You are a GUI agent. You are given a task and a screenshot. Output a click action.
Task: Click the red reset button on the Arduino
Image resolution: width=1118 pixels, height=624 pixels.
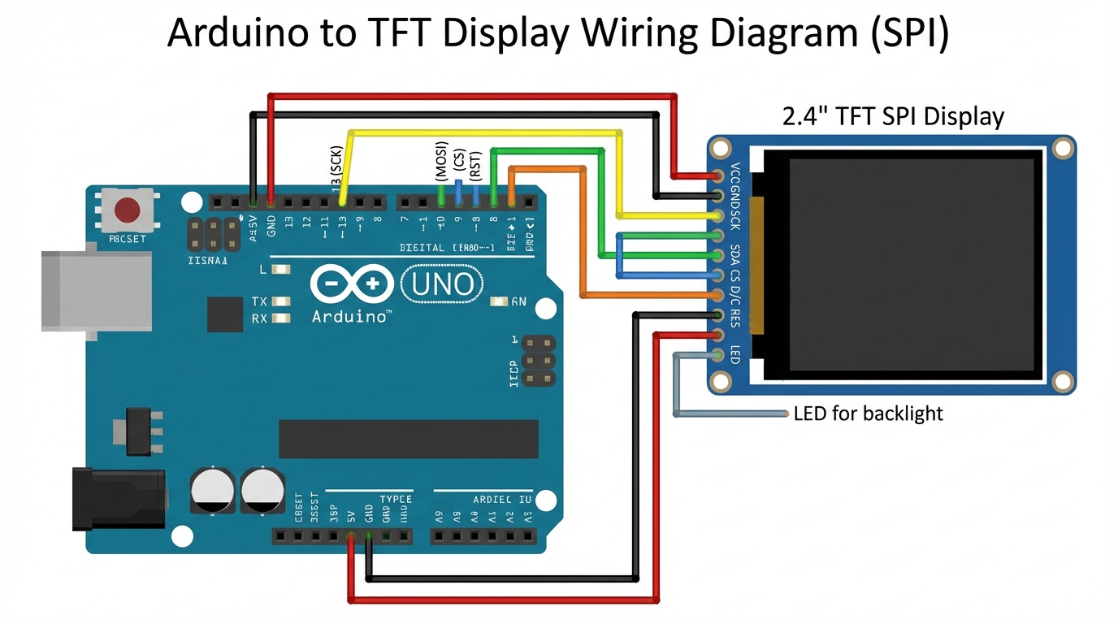click(127, 210)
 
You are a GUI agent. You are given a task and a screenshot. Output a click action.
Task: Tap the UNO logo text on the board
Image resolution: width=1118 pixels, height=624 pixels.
click(443, 284)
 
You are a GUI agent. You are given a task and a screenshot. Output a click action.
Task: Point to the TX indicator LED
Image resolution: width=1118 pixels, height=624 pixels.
click(281, 301)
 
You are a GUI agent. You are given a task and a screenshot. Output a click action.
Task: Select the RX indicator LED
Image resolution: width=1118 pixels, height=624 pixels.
click(281, 318)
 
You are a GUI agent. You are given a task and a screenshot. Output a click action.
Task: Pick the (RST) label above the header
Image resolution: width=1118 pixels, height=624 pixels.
click(477, 166)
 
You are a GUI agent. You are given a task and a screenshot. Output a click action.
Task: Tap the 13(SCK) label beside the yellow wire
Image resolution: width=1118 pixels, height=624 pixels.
click(337, 171)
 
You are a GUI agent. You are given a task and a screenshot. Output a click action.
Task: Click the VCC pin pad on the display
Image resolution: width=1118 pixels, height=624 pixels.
click(718, 175)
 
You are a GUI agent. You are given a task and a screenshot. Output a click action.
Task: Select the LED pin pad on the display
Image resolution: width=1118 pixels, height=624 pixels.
click(718, 355)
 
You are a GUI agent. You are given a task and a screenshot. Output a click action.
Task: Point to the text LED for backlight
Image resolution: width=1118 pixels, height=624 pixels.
click(868, 414)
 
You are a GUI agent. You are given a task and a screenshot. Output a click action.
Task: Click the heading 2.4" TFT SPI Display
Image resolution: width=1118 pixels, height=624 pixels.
click(893, 116)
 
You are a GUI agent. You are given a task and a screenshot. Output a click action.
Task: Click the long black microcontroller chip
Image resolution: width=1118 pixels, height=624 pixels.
click(408, 439)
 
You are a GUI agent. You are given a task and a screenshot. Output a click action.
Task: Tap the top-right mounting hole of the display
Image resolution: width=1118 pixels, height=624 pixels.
click(1062, 148)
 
